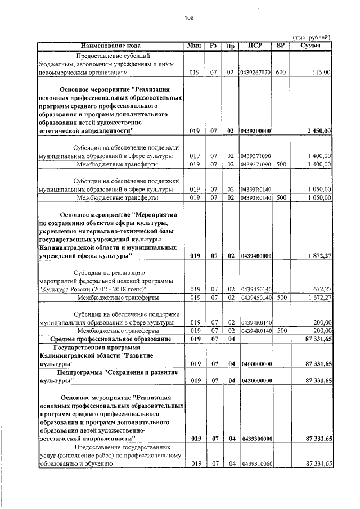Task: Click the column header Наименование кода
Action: [x=110, y=46]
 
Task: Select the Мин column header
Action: [x=195, y=46]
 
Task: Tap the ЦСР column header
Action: [x=255, y=46]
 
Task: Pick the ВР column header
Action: [x=281, y=46]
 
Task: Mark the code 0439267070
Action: [x=255, y=73]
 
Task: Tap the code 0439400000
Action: [x=255, y=256]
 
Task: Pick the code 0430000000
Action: [x=255, y=381]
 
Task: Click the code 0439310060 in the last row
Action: [x=255, y=464]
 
